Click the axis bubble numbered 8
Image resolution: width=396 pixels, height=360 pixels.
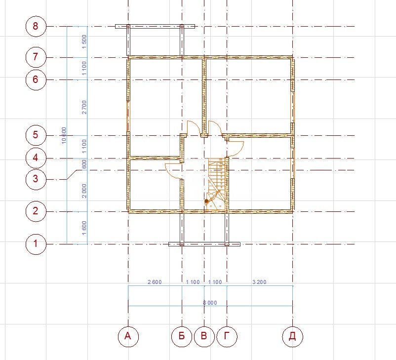36,26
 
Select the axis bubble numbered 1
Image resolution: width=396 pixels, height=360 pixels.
36,244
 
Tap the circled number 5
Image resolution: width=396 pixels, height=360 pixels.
36,135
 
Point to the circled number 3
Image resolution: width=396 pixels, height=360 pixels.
36,179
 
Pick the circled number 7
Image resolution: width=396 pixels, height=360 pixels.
36,57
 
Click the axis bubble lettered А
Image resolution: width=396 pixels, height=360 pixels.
128,336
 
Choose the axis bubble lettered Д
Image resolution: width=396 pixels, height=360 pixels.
292,336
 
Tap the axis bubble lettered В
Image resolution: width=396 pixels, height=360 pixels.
204,336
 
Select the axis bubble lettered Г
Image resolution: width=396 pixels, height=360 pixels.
227,336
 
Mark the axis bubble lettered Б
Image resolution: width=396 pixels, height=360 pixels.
182,336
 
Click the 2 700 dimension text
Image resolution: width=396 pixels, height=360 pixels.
84,107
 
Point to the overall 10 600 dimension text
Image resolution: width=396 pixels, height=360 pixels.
64,135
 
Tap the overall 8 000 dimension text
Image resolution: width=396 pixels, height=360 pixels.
210,303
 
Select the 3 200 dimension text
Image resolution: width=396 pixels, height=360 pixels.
259,282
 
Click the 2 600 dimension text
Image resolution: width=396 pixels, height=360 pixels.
155,282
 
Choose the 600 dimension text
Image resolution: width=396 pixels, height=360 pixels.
84,164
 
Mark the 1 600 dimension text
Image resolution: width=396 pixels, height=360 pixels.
84,228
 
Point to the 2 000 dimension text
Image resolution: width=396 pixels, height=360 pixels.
84,191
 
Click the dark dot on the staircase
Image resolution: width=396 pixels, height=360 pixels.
206,201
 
